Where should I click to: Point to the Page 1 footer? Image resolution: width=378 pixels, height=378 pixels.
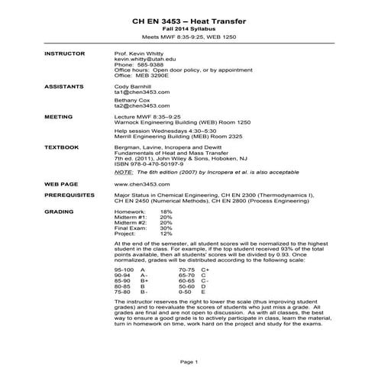coord(189,360)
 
